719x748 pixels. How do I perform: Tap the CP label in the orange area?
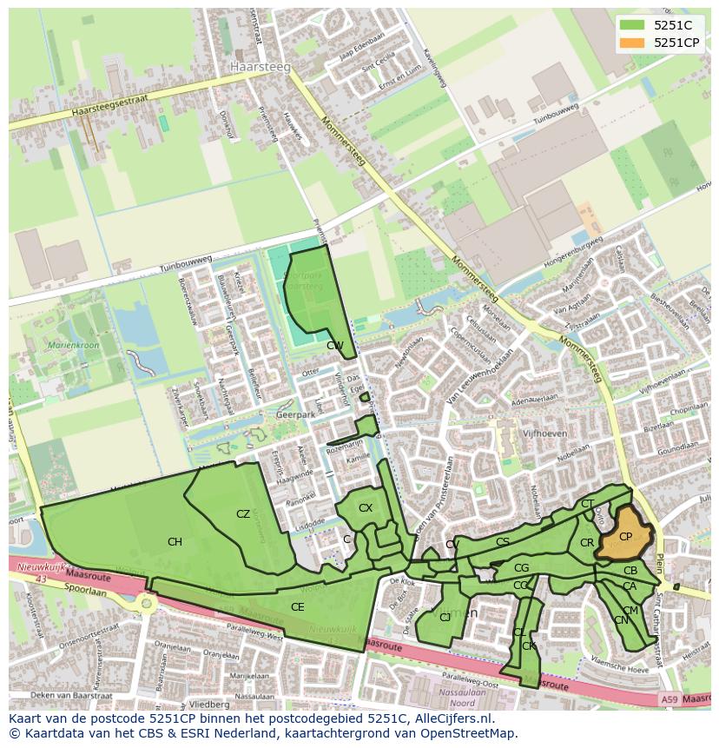point(625,537)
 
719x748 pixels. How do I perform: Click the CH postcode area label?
point(175,542)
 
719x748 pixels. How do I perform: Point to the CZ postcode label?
point(243,514)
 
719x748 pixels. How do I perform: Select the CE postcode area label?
point(297,606)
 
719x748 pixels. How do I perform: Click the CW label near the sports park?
point(334,345)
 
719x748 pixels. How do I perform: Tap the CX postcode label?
point(366,508)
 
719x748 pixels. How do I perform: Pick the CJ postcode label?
point(445,618)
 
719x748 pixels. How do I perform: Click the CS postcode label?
point(503,542)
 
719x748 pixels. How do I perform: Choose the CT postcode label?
point(588,504)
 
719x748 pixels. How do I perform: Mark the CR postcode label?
point(587,543)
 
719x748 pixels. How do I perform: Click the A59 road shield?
point(668,699)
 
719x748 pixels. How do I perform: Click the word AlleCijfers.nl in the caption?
point(452,718)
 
